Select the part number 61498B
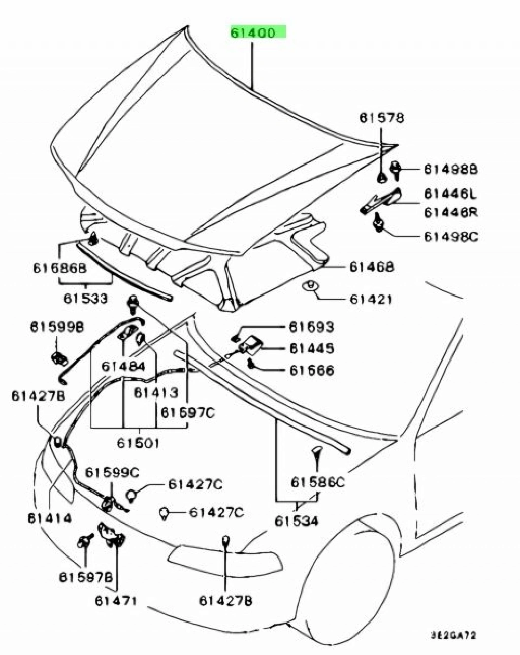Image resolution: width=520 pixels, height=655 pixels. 450,169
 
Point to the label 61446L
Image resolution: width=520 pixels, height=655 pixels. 450,194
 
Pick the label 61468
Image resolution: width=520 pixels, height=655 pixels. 371,267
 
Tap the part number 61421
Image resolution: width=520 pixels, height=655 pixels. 370,299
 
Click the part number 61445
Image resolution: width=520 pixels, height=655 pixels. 311,348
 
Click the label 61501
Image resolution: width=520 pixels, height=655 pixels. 138,443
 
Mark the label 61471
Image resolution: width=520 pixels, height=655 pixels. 116,601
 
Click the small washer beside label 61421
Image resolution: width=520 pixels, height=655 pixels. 309,286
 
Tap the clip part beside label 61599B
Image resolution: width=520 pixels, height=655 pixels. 59,357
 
